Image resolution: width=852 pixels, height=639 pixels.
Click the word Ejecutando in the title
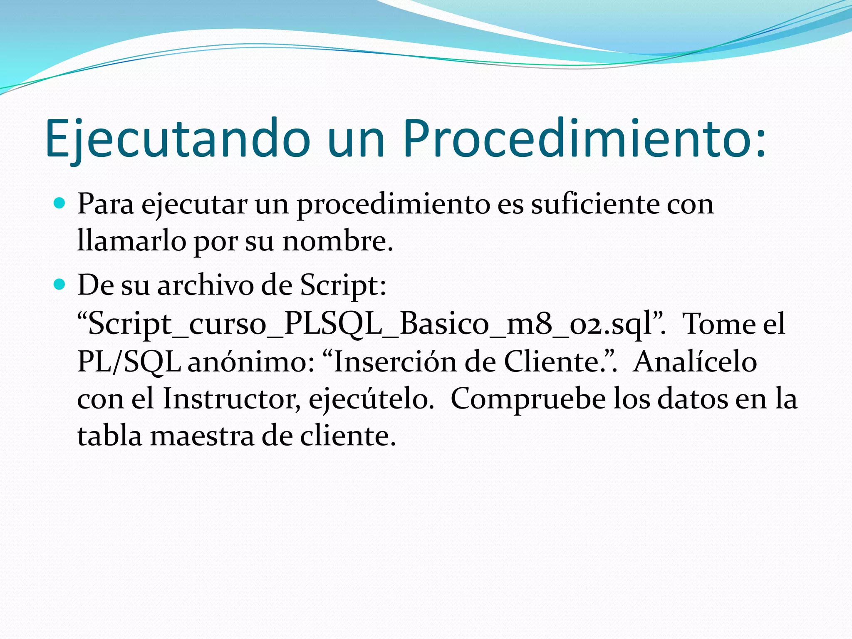click(178, 139)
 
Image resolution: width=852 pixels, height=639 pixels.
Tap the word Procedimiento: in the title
click(584, 139)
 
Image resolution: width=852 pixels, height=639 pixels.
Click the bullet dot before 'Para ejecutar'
click(60, 204)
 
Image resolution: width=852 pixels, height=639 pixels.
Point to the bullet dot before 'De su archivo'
click(60, 285)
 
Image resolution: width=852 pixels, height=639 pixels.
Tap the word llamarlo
click(131, 241)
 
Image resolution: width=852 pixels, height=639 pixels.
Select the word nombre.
click(337, 241)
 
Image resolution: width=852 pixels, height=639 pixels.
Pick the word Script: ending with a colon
click(343, 286)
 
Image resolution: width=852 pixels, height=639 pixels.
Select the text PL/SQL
click(129, 362)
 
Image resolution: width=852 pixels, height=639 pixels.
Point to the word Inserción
click(395, 362)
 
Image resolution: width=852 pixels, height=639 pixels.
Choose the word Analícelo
click(695, 362)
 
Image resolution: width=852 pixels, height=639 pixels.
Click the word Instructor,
click(231, 399)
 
